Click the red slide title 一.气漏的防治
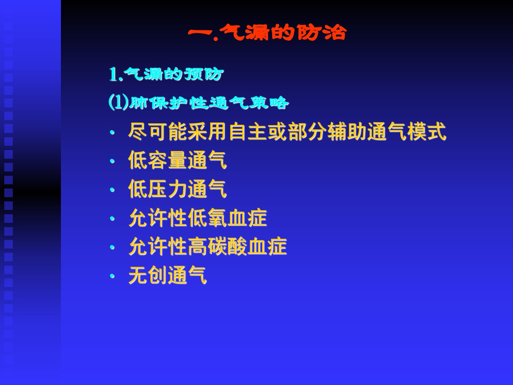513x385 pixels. (x=267, y=32)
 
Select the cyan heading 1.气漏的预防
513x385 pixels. (x=166, y=75)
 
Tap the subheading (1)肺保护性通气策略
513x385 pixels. (x=199, y=103)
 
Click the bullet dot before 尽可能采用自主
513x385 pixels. (x=112, y=133)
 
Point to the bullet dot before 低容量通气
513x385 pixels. (x=112, y=161)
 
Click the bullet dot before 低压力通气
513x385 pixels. (x=112, y=190)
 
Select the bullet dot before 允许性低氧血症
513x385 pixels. (x=112, y=219)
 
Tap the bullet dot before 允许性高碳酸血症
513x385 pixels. (x=112, y=247)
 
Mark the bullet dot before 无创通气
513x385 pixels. (x=112, y=276)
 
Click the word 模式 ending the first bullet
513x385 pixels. (x=426, y=132)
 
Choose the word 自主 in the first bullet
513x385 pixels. (x=248, y=132)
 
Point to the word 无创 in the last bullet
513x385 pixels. (x=148, y=275)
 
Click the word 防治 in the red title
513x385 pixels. (x=322, y=32)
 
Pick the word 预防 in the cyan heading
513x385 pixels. (x=203, y=75)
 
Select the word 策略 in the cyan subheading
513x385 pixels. (x=269, y=103)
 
